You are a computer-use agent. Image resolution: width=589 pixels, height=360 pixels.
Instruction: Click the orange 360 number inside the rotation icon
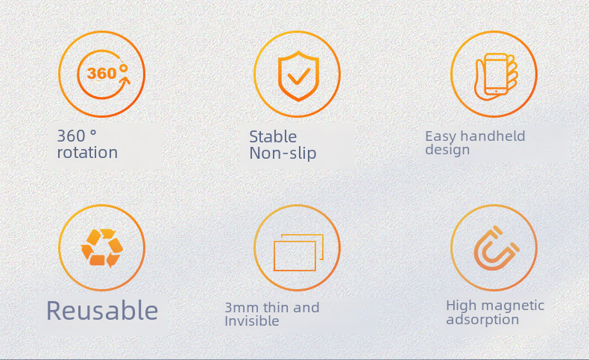click(102, 73)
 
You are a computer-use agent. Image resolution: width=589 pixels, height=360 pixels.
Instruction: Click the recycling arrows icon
click(102, 247)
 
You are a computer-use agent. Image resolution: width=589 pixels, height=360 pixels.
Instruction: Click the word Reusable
click(102, 311)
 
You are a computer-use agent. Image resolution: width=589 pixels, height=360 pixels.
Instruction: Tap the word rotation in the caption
click(87, 152)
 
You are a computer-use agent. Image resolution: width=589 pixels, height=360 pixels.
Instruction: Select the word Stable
click(273, 136)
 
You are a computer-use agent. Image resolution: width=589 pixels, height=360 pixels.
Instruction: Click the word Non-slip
click(283, 153)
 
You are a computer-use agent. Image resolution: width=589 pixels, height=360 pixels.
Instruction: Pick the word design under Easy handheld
click(447, 149)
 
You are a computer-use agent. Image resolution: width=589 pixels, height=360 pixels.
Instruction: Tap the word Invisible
click(252, 321)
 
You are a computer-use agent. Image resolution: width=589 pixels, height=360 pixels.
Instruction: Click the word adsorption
click(482, 320)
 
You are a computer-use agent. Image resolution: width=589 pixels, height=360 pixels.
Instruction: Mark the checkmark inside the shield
click(299, 76)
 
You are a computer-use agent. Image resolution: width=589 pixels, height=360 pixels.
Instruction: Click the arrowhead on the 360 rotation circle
click(125, 80)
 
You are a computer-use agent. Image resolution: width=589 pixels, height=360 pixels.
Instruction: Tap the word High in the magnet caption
click(458, 305)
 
